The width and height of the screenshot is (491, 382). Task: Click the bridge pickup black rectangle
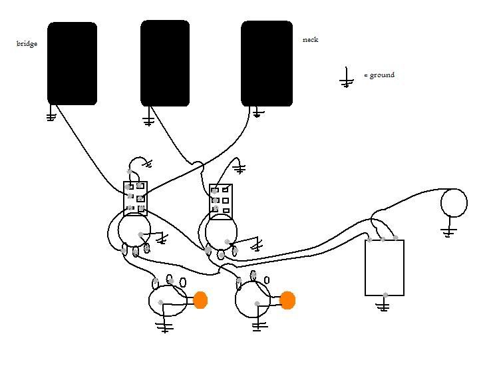(72, 64)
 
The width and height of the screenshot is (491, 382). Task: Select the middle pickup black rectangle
(165, 64)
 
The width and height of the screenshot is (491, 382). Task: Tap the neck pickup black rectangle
(267, 64)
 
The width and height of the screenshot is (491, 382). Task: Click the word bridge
(27, 43)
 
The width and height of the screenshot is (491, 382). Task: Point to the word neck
(310, 40)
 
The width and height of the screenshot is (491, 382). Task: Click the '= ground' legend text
(379, 75)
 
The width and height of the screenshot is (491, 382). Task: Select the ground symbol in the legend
(347, 78)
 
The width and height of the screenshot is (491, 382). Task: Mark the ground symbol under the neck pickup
(257, 112)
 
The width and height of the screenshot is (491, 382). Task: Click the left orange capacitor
(200, 300)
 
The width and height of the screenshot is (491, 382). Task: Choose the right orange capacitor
(287, 300)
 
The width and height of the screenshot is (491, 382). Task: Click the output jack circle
(454, 202)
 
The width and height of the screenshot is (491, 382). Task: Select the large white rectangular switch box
(385, 268)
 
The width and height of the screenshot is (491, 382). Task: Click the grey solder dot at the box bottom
(385, 295)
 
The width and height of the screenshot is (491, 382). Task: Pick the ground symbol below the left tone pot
(164, 325)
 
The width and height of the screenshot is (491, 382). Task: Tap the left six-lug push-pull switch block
(135, 198)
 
